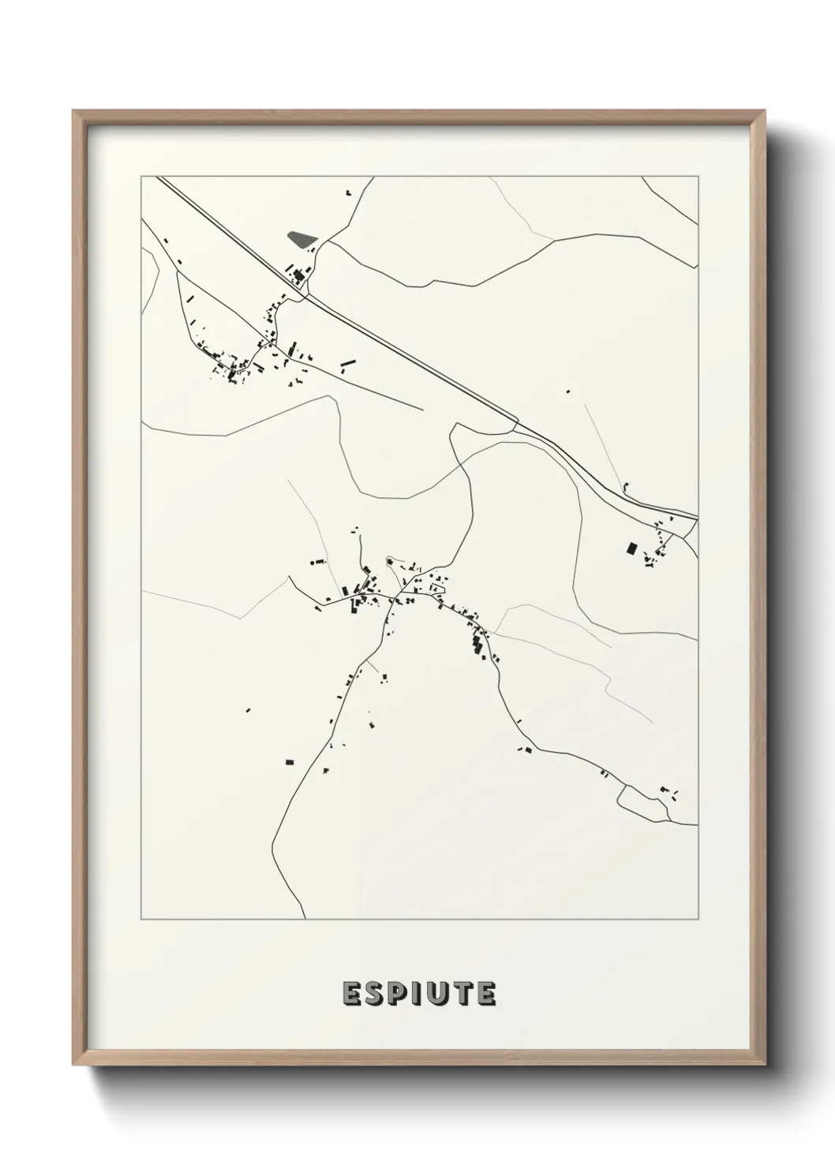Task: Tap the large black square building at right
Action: point(631,548)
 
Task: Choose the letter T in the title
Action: point(462,994)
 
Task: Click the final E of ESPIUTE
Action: point(485,994)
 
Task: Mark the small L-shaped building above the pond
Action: point(347,192)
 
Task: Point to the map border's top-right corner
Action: point(698,176)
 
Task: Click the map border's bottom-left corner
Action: point(141,919)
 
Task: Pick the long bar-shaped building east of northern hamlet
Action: point(348,364)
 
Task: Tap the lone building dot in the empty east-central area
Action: point(567,391)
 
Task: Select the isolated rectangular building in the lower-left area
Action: point(290,762)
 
